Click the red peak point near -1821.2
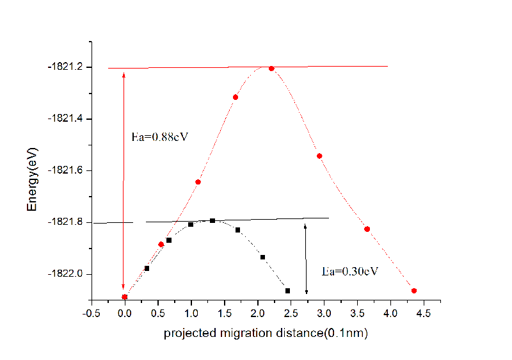pos(271,69)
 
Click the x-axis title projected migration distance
pos(266,333)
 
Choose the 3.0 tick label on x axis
pos(324,313)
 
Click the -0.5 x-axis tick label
pos(92,313)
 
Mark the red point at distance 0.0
pos(125,297)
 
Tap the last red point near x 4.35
pos(414,291)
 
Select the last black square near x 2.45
pos(288,291)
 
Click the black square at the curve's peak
pos(212,221)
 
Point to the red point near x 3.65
pos(367,229)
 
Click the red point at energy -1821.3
pos(236,97)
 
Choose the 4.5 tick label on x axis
pos(423,313)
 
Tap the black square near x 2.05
pos(262,258)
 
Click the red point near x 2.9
pos(319,156)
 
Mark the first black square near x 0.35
pos(147,268)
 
